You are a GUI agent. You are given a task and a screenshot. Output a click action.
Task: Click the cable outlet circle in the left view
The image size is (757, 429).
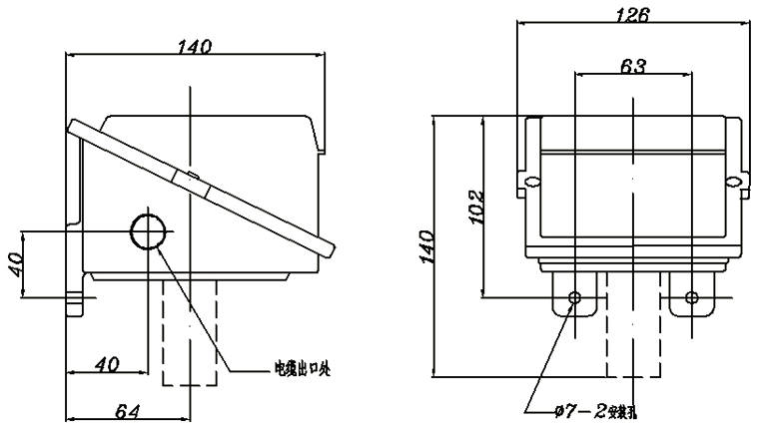click(x=150, y=231)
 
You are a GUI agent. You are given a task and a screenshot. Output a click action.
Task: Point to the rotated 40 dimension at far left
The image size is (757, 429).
click(x=16, y=264)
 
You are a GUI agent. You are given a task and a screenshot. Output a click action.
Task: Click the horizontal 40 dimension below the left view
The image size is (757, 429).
click(x=107, y=364)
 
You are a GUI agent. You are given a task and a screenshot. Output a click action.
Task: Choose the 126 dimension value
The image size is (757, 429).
click(x=631, y=15)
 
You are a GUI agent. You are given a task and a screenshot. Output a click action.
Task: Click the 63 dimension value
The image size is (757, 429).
click(x=632, y=66)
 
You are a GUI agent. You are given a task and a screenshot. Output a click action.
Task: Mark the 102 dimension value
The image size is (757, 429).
click(x=475, y=207)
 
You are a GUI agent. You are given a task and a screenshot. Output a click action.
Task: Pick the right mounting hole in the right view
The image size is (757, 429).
click(x=691, y=297)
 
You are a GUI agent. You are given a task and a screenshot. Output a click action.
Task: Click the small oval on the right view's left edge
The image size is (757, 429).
click(x=532, y=181)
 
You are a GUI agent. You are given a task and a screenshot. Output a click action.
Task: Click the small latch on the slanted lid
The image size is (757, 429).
click(x=191, y=179)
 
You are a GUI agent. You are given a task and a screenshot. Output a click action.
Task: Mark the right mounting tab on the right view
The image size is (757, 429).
click(x=691, y=296)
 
